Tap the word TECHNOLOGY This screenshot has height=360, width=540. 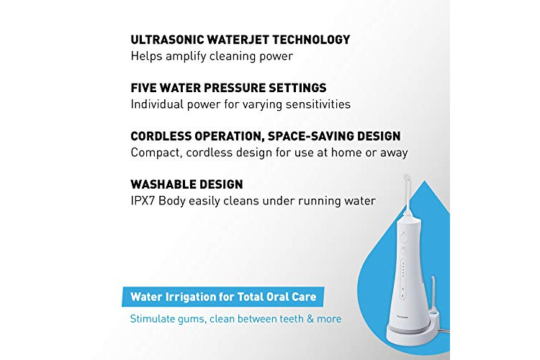coord(311,40)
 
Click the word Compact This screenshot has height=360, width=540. coord(156,153)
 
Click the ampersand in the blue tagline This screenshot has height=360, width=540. coord(310,319)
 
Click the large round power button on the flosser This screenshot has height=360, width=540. coord(404,238)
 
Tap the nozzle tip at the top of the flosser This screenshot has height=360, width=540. coord(407,178)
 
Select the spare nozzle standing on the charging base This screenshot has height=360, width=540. coord(433,294)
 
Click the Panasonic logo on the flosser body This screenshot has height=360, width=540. coord(402,318)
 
